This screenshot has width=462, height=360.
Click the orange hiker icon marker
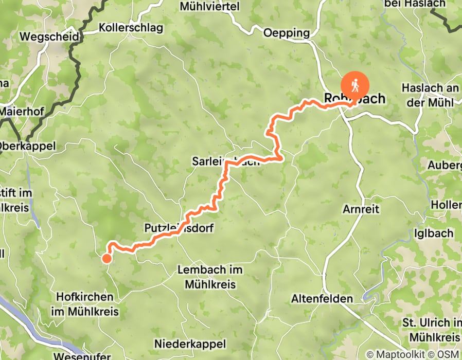355,83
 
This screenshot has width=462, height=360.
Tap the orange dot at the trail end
106,258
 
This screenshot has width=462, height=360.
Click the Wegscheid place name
49,37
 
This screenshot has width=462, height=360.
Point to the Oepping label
287,33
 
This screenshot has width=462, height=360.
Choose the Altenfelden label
322,299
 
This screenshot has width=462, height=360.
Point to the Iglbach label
434,233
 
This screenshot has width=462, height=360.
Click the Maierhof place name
20,110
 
